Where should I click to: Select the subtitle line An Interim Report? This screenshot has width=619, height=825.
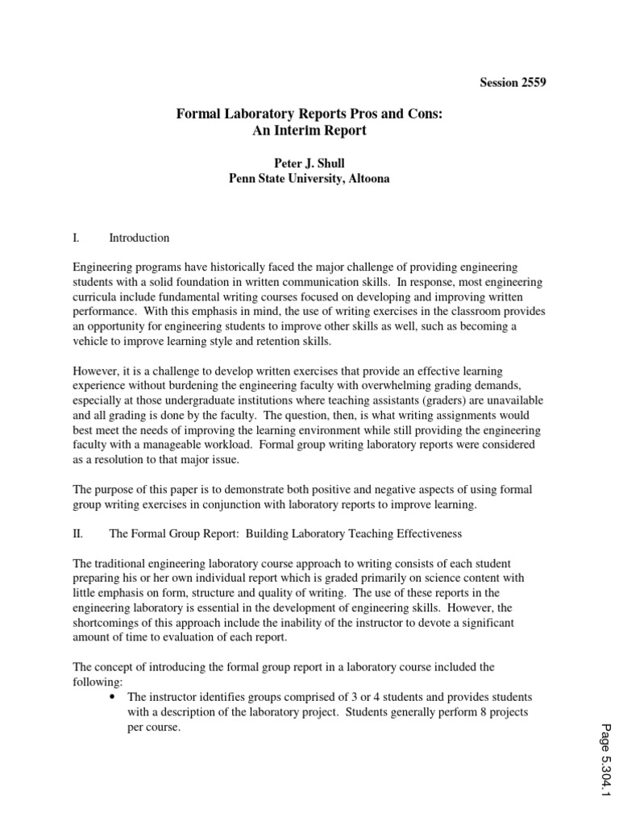click(x=309, y=131)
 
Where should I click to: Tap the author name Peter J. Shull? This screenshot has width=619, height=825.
click(x=309, y=164)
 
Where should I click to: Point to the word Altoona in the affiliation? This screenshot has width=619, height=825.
click(x=368, y=179)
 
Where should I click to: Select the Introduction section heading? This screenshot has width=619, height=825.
click(x=139, y=238)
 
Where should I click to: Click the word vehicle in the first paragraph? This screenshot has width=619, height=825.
click(x=92, y=341)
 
